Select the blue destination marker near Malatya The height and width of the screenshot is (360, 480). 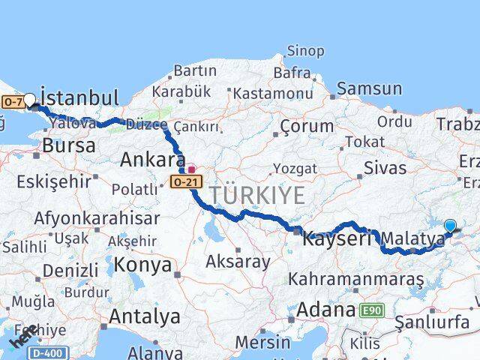450,225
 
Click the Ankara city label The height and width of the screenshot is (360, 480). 153,160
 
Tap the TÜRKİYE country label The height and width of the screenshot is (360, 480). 257,195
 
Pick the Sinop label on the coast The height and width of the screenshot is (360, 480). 306,52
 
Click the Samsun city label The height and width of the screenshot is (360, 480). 370,89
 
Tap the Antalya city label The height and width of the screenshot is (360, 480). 145,316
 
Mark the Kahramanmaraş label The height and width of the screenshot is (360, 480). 355,280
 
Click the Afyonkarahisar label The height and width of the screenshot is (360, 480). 96,218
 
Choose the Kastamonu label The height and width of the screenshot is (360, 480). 272,94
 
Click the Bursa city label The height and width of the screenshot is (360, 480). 69,145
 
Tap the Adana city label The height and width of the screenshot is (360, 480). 325,309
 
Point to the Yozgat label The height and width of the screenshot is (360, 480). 295,168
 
